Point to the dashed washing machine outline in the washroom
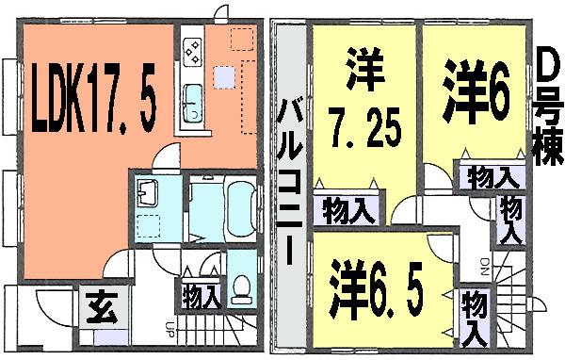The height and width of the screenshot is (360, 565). pyautogui.click(x=149, y=223)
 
